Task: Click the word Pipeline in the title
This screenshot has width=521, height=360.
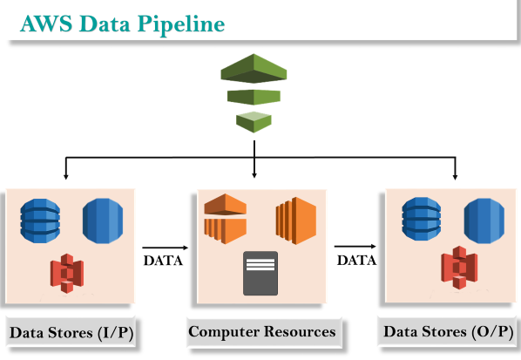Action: pos(180,24)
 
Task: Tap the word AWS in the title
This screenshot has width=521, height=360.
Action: pos(46,24)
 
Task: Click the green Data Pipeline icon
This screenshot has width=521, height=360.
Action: pos(254,93)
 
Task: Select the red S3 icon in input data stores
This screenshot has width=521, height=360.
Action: pos(67,273)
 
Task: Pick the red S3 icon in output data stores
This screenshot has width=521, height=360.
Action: pos(459,268)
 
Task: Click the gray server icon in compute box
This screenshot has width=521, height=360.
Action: pos(260,273)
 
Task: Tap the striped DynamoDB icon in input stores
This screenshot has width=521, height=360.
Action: pos(40,221)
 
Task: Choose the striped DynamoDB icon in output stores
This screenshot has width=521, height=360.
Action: pos(422,219)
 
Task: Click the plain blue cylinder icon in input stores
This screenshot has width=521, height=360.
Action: pos(103,221)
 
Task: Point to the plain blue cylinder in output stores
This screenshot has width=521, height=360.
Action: pos(484,221)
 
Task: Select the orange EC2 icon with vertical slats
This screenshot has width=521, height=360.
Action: pos(295,221)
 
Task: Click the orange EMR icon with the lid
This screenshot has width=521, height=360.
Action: pos(226,219)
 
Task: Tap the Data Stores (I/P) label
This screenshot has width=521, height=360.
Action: pos(71,332)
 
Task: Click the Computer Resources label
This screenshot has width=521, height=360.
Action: pos(262,331)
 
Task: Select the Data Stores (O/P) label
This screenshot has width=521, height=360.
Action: pos(448,332)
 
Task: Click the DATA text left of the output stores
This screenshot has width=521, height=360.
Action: pos(357,260)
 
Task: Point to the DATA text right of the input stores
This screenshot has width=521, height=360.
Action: pos(163,261)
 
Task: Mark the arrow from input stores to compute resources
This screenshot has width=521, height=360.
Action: pos(166,248)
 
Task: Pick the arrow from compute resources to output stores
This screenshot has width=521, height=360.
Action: pos(355,247)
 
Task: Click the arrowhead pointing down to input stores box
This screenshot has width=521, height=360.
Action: pos(66,176)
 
